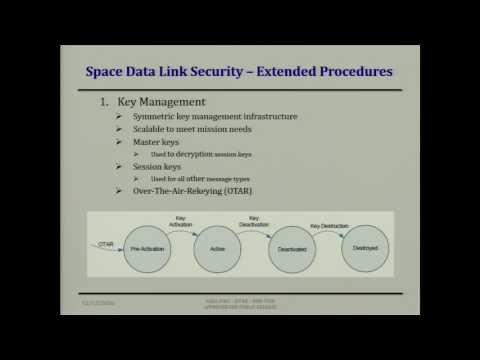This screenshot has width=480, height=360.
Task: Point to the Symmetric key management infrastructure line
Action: tap(215, 116)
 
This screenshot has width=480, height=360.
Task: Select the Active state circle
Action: tap(218, 248)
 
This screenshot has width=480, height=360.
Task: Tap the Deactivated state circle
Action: tap(293, 250)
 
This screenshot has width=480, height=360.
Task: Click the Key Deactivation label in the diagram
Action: tap(255, 222)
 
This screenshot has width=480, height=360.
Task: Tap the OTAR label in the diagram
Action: tap(106, 242)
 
